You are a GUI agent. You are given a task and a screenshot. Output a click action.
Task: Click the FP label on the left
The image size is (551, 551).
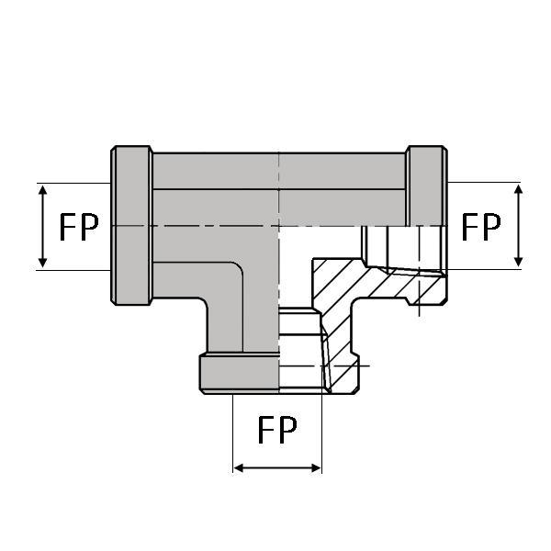pos(79,227)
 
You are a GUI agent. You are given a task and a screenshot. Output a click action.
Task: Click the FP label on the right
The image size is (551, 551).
pos(480,227)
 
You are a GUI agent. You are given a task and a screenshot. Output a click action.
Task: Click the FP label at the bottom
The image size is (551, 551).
pos(277,430)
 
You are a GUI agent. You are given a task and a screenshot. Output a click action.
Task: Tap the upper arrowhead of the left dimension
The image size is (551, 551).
pos(43,190)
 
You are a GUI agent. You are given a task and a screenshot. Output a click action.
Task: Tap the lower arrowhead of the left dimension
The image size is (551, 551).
pos(43,262)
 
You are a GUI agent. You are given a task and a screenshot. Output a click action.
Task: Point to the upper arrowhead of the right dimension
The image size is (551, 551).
pos(518,189)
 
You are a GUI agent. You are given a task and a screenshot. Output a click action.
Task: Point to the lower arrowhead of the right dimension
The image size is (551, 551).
pos(518,262)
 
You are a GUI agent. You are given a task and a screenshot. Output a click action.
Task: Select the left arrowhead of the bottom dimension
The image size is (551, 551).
pos(239,468)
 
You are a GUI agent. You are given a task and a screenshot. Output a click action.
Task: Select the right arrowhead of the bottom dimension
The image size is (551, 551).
pos(316,468)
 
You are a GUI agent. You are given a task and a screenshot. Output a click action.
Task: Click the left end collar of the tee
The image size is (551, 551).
pos(131,225)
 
